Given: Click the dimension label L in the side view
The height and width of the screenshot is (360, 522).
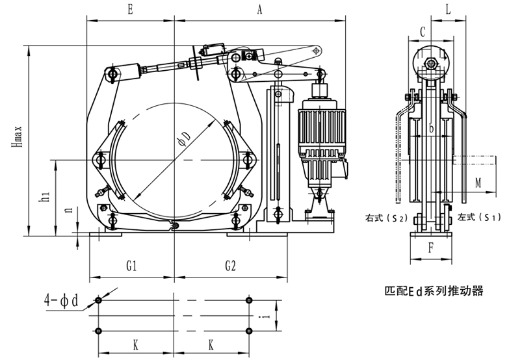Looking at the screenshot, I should point(449,10).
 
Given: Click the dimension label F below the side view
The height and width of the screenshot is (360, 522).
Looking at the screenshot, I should point(430,247).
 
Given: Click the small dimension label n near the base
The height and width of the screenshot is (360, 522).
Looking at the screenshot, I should point(68,211).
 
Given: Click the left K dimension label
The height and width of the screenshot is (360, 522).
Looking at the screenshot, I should point(135,345).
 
